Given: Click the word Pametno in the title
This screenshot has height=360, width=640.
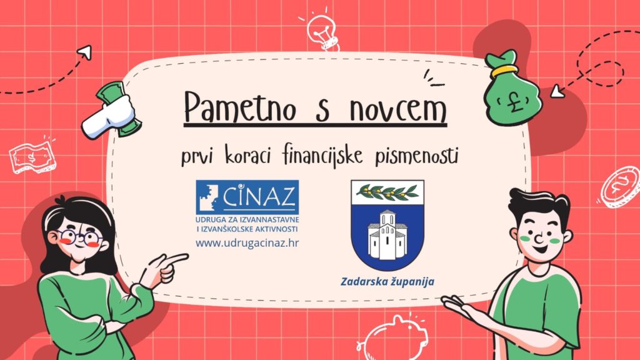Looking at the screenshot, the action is tap(240, 107).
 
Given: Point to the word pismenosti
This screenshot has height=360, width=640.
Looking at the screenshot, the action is tap(416, 156).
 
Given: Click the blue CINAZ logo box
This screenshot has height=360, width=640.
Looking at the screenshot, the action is tap(247, 197).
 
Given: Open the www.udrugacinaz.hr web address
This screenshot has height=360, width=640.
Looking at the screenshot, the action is tap(247, 243).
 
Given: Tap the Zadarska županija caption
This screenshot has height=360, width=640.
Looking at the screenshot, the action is tap(387, 281).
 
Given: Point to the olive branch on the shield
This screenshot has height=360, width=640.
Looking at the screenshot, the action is tap(387, 192).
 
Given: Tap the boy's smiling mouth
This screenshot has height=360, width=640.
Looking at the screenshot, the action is tap(540, 247).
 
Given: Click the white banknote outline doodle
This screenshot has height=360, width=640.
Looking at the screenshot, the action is tap(32, 157).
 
